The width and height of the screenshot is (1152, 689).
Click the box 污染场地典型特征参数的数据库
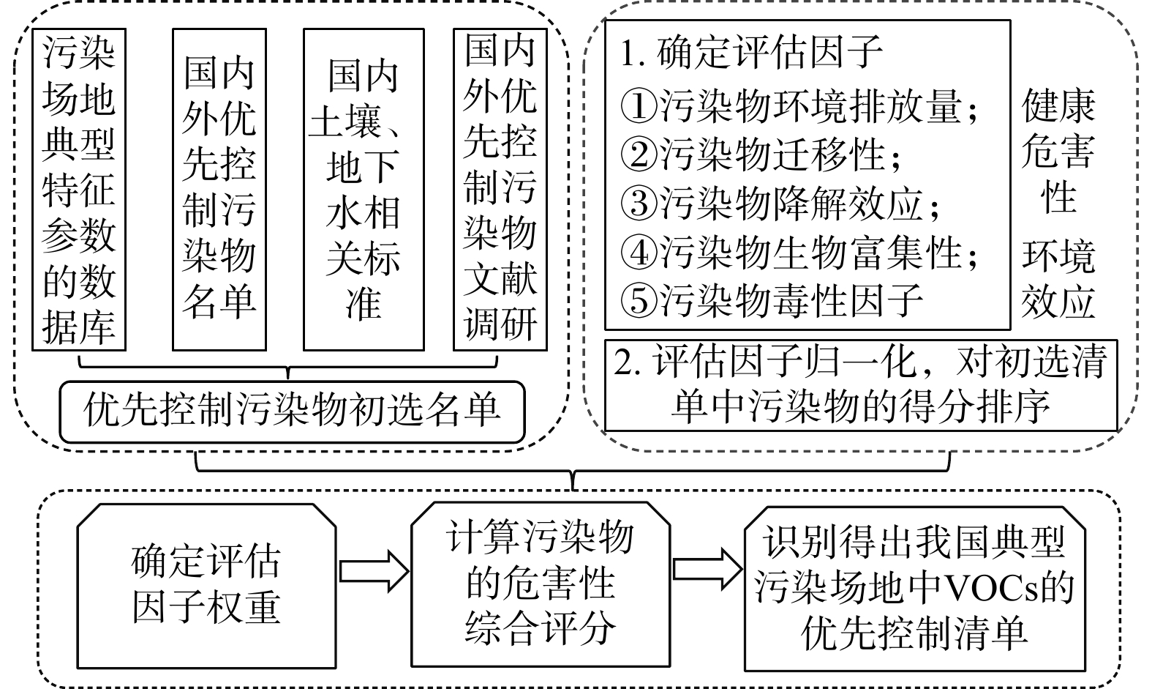(79, 189)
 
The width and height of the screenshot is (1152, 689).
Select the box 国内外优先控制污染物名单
(219, 189)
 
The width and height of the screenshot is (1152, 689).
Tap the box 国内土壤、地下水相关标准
(364, 189)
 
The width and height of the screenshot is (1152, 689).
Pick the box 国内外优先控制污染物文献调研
(500, 189)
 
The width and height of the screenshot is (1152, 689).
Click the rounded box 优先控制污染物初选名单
(292, 410)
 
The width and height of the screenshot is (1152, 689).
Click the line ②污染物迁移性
(761, 154)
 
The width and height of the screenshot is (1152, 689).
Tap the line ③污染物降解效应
(780, 203)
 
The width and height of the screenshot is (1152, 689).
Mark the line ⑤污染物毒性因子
(771, 300)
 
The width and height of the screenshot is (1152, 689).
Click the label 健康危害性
(1058, 152)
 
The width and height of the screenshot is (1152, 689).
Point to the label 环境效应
(1058, 278)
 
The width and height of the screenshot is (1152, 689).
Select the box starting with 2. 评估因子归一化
(861, 384)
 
